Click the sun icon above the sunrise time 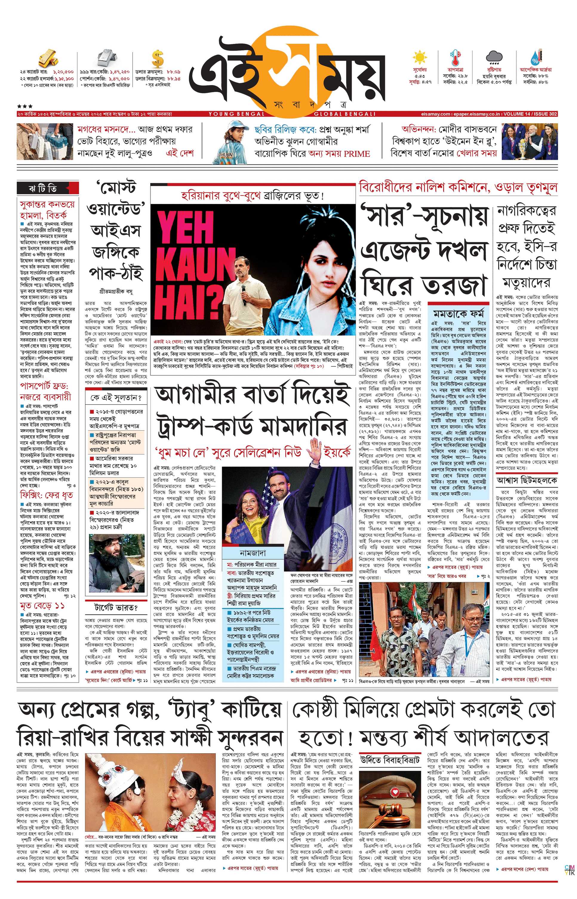point(419,59)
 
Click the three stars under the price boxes point(25,106)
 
